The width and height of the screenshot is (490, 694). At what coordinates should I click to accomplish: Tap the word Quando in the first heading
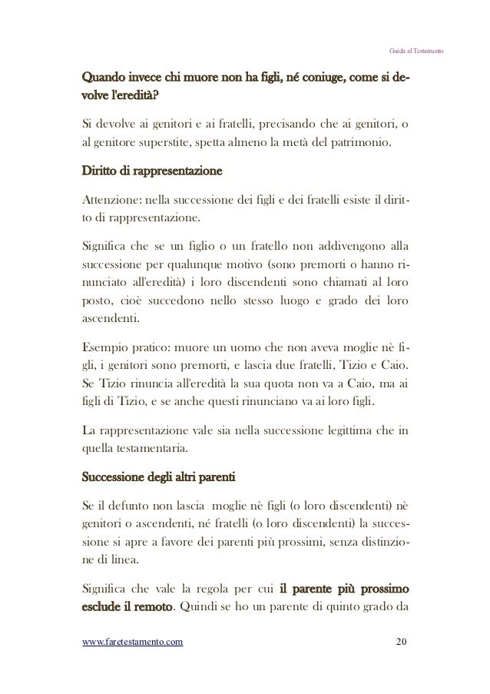(103, 79)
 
